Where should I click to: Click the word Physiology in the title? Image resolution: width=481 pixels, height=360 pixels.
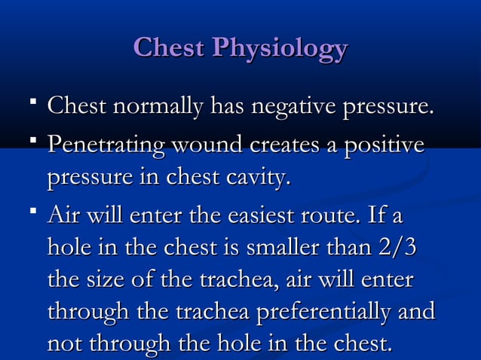tap(280, 49)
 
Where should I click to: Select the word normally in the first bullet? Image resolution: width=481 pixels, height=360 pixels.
tap(156, 108)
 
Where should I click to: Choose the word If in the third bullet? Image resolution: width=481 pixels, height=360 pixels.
tap(376, 216)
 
